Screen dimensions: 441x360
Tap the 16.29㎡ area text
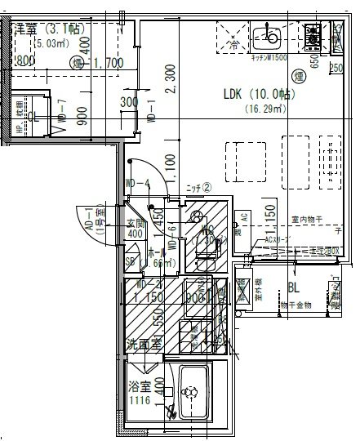click(257, 107)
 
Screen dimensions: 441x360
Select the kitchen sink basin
click(266, 37)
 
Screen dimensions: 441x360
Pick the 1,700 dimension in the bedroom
click(108, 61)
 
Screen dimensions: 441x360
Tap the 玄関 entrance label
click(135, 222)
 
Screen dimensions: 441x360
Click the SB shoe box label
click(131, 261)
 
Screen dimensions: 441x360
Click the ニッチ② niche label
click(199, 188)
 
